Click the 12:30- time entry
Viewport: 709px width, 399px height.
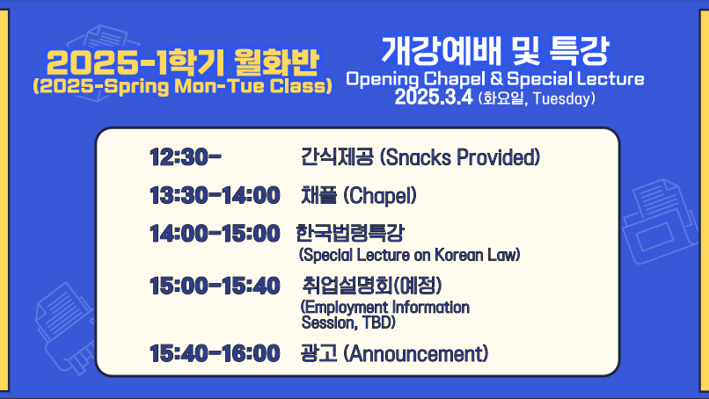coord(186,157)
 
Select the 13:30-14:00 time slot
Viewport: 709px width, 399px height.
coord(215,196)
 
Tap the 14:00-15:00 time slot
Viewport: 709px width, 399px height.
coord(215,234)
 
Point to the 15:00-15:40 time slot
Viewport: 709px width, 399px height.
coord(215,286)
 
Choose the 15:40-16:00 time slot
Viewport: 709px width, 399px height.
coord(215,353)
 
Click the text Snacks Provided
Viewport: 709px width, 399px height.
coord(460,157)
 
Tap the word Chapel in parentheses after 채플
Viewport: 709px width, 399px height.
coord(380,196)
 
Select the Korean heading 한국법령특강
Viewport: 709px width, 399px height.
coord(350,233)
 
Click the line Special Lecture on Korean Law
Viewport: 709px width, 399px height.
coord(409,255)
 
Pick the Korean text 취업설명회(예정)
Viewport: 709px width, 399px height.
coord(372,286)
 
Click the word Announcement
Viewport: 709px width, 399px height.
coord(416,353)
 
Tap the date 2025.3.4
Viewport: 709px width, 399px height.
coord(434,98)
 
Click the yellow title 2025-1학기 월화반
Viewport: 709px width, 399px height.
coord(183,62)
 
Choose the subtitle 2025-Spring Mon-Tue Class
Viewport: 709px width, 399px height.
coord(183,86)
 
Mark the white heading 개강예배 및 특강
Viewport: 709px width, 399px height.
coord(495,50)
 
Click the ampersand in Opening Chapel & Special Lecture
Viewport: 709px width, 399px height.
coord(496,78)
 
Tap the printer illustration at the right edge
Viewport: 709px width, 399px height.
coord(660,221)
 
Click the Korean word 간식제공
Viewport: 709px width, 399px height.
coord(337,157)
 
